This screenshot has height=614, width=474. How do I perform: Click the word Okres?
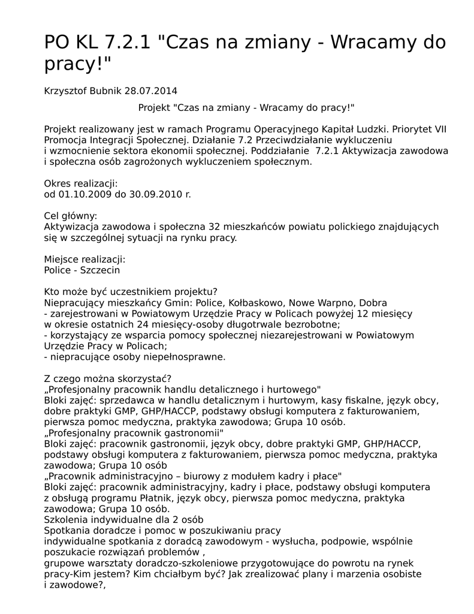click(58, 183)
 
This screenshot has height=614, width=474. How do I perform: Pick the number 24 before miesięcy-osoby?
click(147, 324)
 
